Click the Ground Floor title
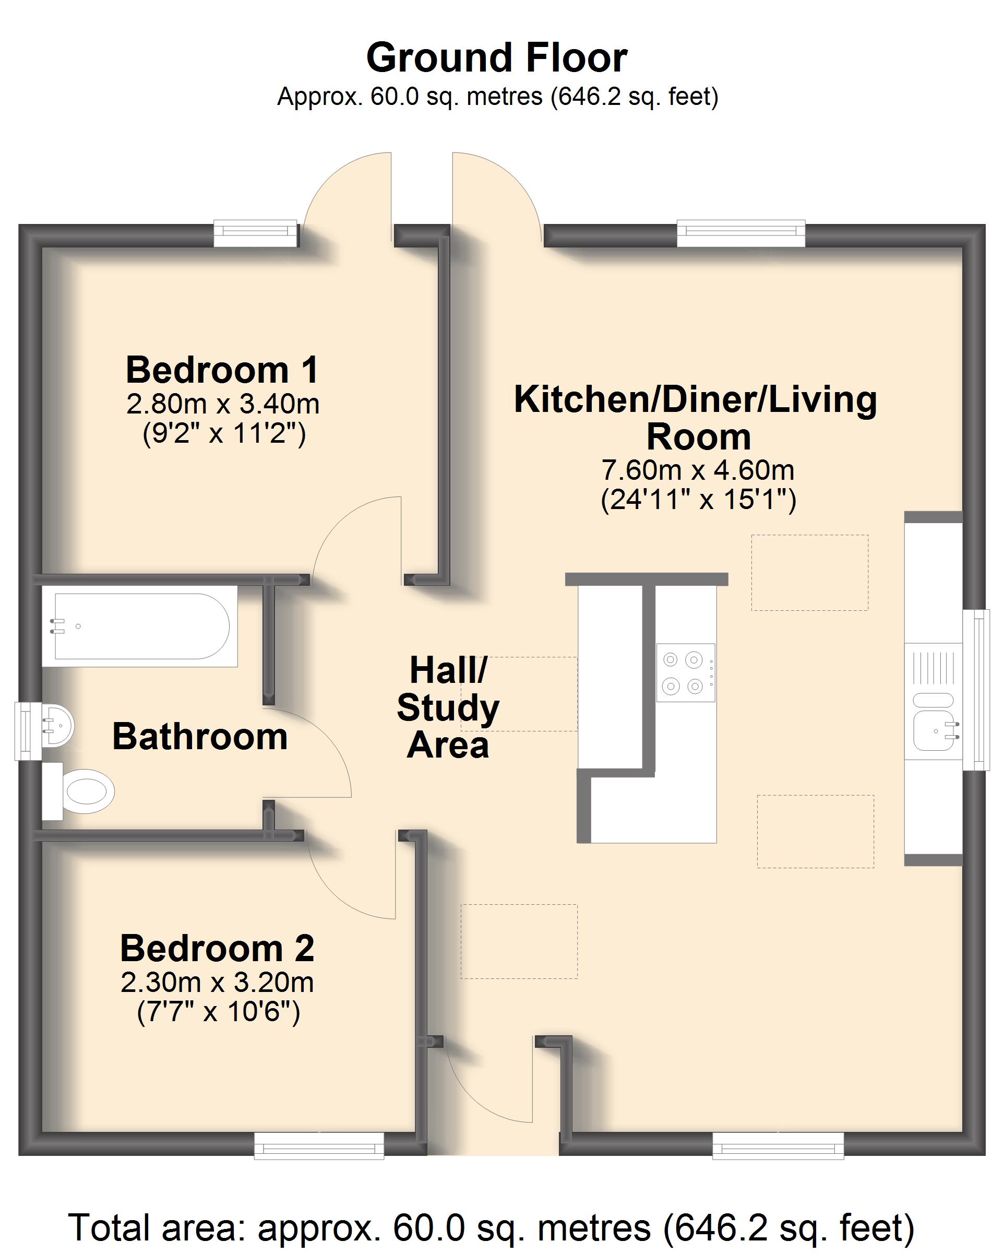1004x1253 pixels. coord(497,57)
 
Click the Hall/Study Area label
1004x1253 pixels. coord(448,707)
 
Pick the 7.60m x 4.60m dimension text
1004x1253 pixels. coord(698,469)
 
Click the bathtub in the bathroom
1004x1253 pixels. coord(139,626)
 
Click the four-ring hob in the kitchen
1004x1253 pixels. coord(686,672)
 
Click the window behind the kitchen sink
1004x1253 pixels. coord(976,690)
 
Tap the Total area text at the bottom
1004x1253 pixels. coord(492,1227)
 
